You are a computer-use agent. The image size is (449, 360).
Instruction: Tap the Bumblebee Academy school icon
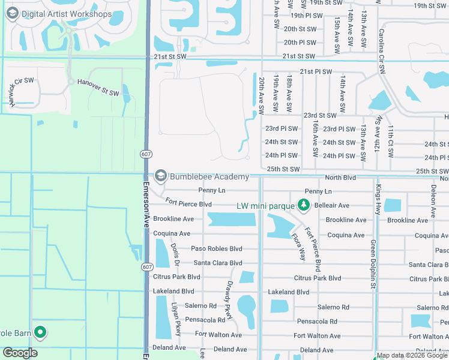pos(160,176)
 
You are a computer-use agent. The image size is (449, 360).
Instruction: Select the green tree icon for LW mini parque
pos(304,206)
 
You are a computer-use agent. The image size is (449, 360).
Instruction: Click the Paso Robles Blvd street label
pos(216,248)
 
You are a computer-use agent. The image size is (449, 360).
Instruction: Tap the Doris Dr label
pos(175,254)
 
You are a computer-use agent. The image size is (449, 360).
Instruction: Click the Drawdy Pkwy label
pos(229,293)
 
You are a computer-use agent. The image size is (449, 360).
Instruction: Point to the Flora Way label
pos(298,244)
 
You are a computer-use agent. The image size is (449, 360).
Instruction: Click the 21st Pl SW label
pos(316,72)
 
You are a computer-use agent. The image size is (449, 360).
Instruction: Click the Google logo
pos(20,353)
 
